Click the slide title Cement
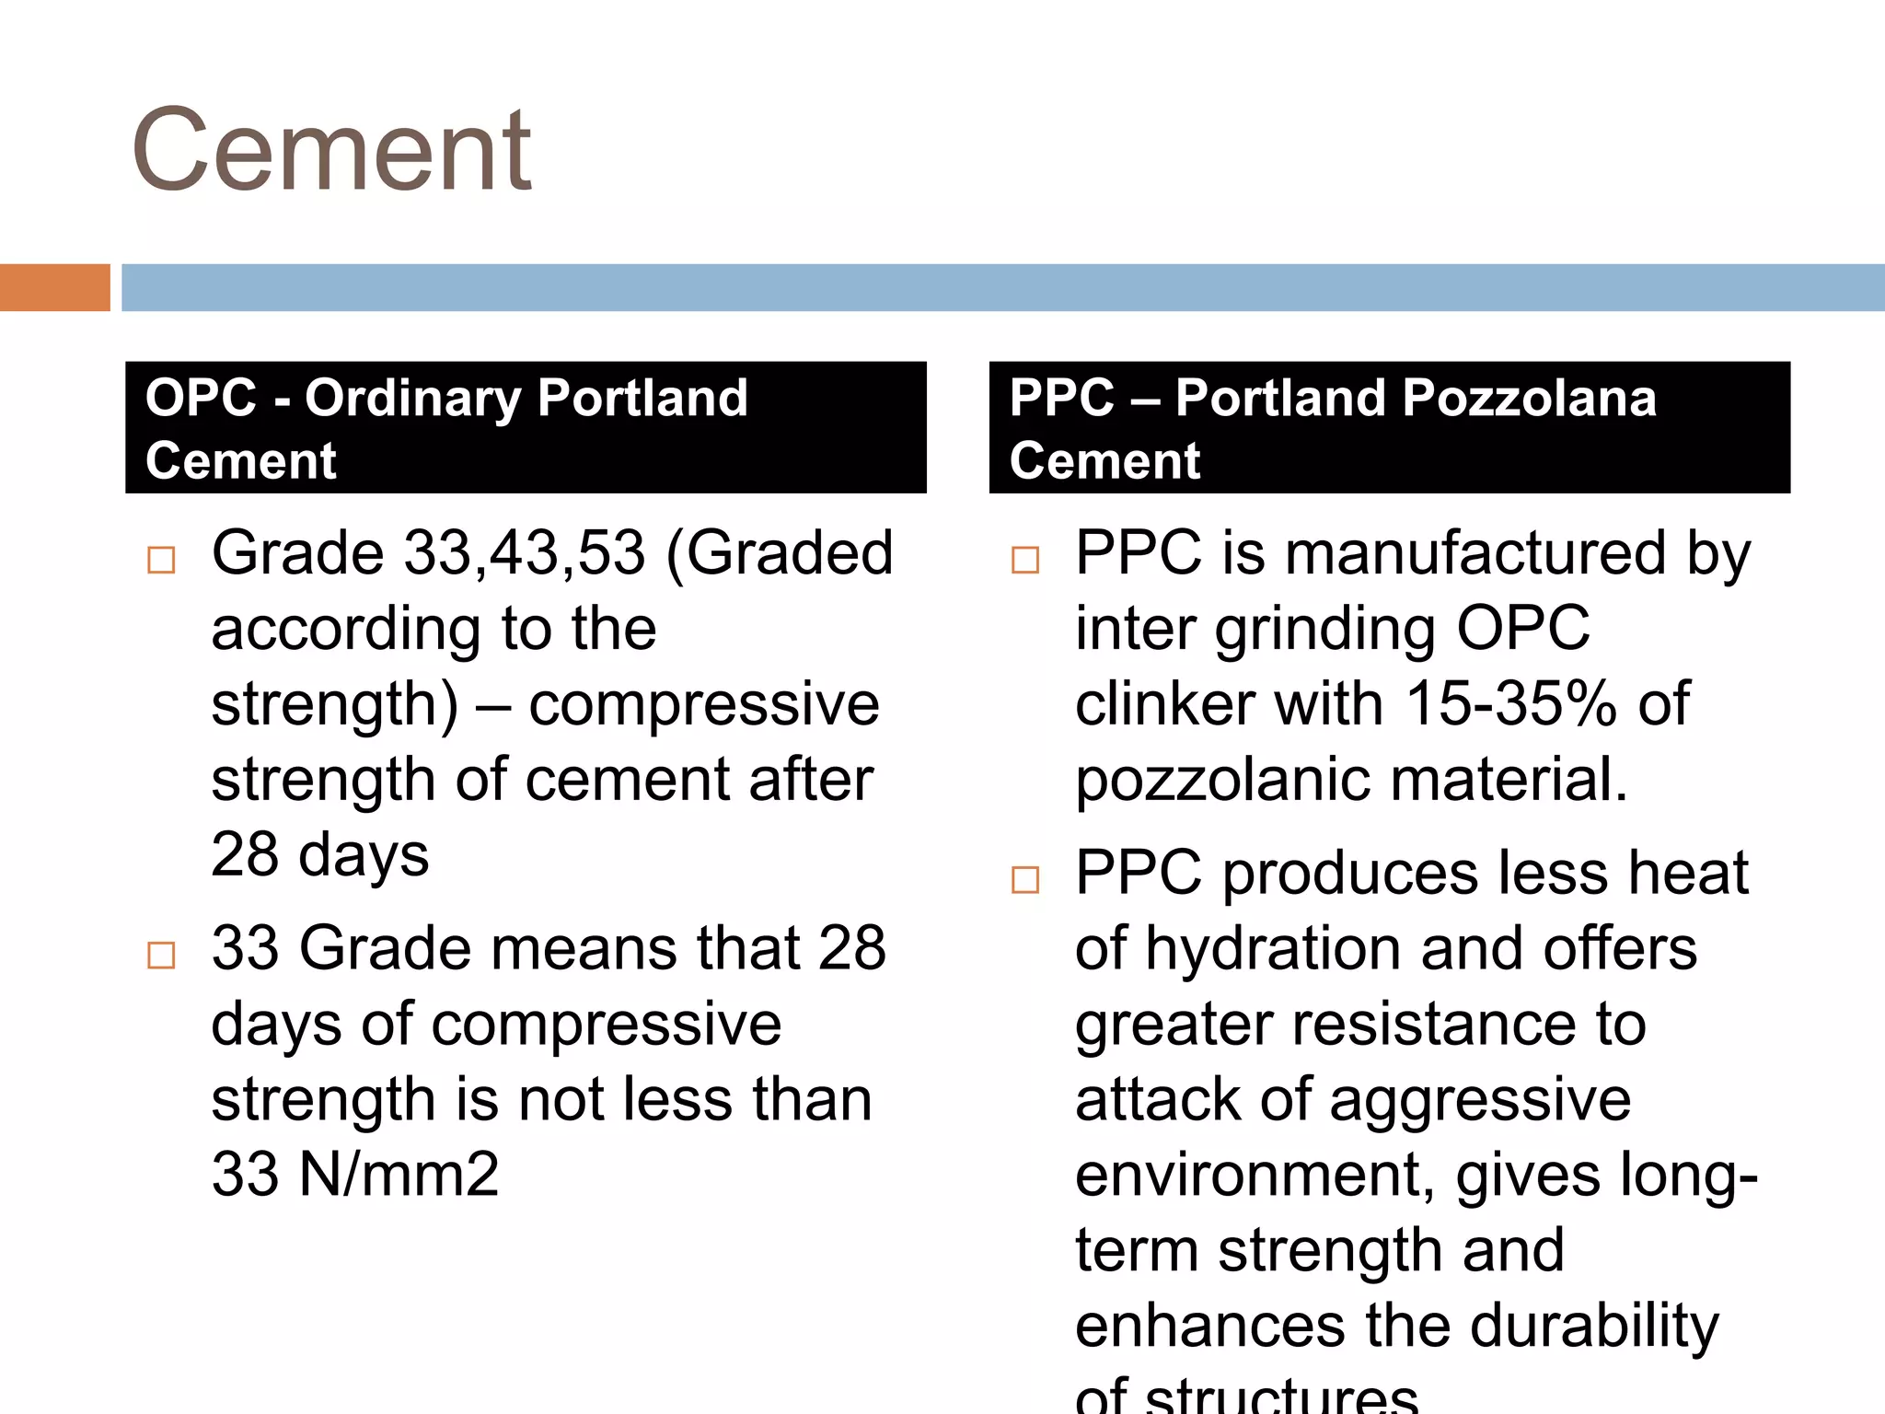tap(331, 150)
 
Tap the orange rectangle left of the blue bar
tap(54, 287)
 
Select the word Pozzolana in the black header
tap(1529, 399)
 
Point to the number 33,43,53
tap(525, 553)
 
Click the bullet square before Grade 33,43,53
tap(161, 560)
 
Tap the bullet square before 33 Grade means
tap(161, 955)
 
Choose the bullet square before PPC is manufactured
tap(1024, 560)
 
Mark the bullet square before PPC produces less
tap(1024, 879)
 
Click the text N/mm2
tap(399, 1175)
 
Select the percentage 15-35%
tap(1510, 704)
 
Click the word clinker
tap(1164, 704)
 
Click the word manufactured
tap(1475, 553)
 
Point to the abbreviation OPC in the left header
tap(201, 399)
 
